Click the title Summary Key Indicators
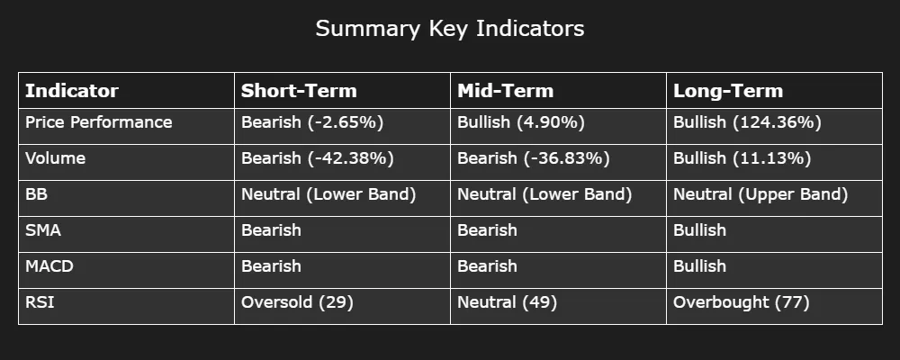tap(450, 29)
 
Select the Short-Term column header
tap(299, 91)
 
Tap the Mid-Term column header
tap(505, 91)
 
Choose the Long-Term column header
tap(728, 91)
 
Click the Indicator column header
tap(72, 91)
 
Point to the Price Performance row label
tap(99, 122)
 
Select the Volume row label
tap(55, 157)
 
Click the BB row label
tap(36, 194)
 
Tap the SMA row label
tap(43, 230)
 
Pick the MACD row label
tap(49, 265)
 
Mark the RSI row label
tap(40, 301)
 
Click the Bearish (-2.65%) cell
tap(312, 122)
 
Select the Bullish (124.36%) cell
tap(747, 122)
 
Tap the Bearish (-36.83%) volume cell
tap(533, 158)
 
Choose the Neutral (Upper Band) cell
tap(760, 194)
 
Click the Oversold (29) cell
tap(297, 302)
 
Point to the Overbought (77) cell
tap(742, 302)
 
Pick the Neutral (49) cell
tap(508, 302)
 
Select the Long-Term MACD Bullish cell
tap(699, 265)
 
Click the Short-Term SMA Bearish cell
tap(271, 230)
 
